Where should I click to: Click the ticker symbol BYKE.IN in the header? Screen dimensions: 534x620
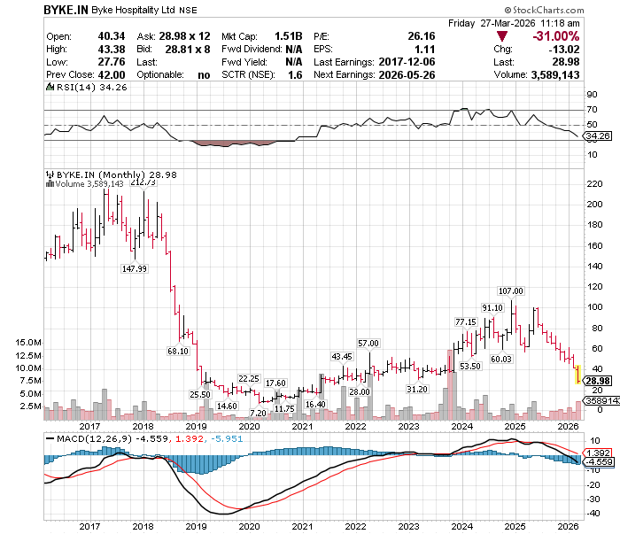click(66, 9)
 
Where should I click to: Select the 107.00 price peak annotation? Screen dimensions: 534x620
click(511, 291)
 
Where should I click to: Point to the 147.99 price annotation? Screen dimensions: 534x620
click(135, 268)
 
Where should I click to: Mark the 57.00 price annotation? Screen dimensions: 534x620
click(368, 343)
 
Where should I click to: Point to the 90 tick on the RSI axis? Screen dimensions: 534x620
click(592, 94)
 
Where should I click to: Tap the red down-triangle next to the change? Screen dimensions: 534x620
click(502, 36)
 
